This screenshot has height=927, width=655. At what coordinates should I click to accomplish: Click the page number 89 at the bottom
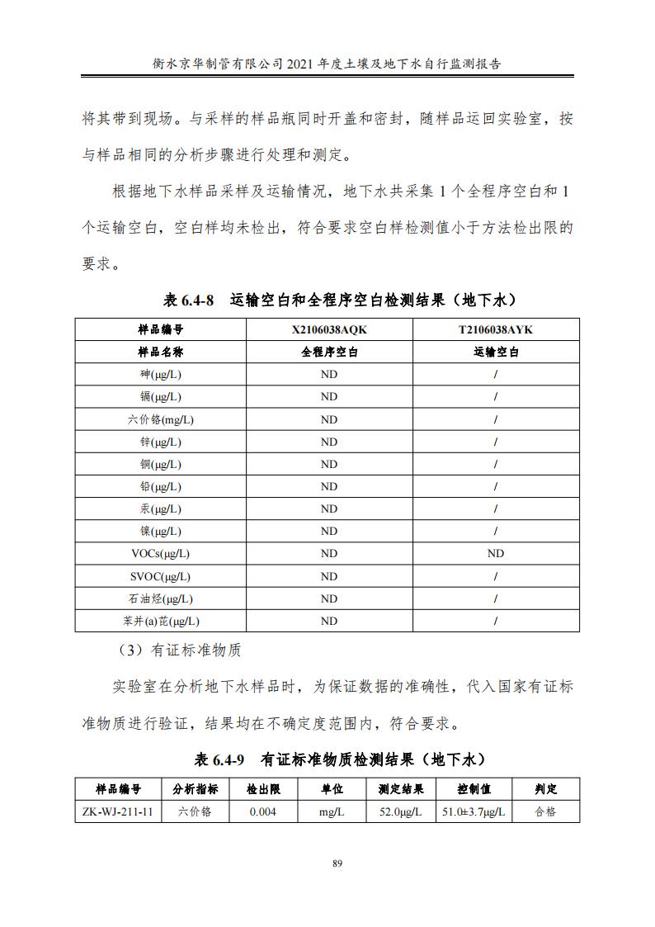click(337, 863)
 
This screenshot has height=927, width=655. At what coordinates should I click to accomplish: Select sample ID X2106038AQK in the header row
click(328, 329)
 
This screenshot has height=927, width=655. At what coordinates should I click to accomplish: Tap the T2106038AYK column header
click(495, 329)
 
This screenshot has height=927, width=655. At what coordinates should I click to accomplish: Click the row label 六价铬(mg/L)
click(160, 419)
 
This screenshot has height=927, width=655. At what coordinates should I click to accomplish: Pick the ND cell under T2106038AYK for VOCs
click(495, 553)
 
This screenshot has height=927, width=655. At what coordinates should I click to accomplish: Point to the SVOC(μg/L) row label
click(160, 576)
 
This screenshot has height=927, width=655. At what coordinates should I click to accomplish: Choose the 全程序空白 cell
click(328, 352)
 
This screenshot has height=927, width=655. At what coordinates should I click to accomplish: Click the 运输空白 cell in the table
click(495, 352)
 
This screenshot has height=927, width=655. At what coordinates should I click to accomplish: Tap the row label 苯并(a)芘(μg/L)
click(160, 621)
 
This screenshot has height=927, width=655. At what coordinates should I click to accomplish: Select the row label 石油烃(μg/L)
click(160, 598)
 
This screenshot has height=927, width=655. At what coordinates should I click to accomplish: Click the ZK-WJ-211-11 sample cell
click(118, 811)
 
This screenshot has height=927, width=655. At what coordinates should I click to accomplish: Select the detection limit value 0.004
click(263, 811)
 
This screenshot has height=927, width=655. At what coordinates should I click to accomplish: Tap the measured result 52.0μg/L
click(400, 811)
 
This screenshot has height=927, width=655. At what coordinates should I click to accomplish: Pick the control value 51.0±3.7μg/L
click(474, 811)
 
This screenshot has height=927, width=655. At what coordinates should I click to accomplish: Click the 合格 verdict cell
click(545, 811)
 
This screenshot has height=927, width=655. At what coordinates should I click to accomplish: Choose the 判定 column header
click(545, 789)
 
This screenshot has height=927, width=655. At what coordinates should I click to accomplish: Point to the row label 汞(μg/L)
click(160, 508)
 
